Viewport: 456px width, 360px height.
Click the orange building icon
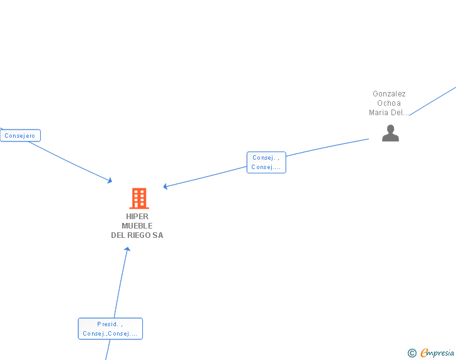[138, 198]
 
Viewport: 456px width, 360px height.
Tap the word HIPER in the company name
[137, 217]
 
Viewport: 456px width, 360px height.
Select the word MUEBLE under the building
[137, 226]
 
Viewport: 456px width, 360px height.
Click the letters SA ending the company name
[158, 235]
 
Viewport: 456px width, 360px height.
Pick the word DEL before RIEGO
[118, 235]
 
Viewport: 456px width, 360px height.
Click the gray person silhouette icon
[390, 133]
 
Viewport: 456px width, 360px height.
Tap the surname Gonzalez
[389, 94]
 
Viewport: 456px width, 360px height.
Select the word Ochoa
[389, 103]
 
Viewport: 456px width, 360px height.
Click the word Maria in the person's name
[378, 113]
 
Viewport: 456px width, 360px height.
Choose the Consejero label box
[20, 135]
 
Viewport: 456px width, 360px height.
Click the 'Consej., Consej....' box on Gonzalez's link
[266, 163]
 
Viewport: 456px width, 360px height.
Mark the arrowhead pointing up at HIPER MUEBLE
[127, 249]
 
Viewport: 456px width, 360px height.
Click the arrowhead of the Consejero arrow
[110, 181]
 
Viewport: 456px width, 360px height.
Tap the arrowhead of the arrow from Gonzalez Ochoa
[165, 186]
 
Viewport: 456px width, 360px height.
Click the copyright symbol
[412, 353]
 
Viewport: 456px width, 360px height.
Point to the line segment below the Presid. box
[106, 351]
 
